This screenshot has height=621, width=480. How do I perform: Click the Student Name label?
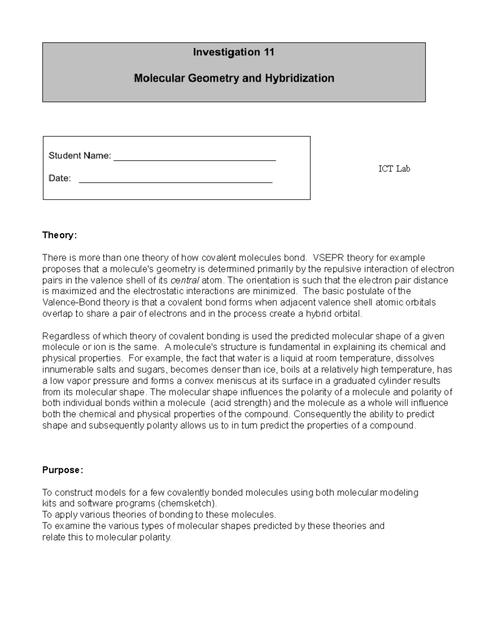(x=80, y=156)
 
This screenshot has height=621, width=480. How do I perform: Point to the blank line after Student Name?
(x=195, y=160)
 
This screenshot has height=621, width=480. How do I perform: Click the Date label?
(x=60, y=178)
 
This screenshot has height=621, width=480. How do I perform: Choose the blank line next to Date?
(x=176, y=182)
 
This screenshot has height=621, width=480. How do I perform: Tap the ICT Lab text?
(x=394, y=169)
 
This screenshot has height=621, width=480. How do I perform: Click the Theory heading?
(x=59, y=235)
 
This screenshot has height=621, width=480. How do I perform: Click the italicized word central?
(x=185, y=280)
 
